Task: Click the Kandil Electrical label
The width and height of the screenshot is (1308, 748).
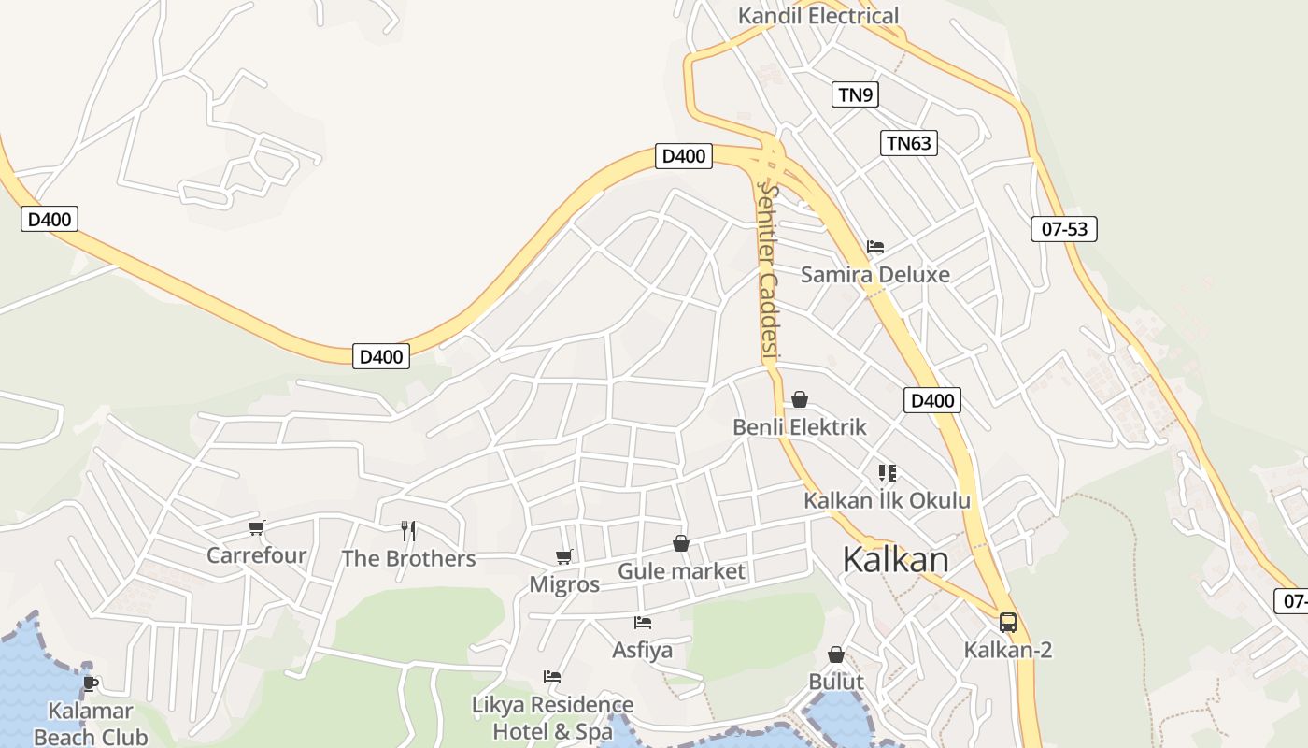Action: (x=817, y=16)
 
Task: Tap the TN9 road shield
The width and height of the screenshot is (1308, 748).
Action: (x=855, y=94)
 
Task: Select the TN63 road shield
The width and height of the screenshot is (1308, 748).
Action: (x=908, y=143)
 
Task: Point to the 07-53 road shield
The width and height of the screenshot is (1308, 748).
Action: (x=1063, y=229)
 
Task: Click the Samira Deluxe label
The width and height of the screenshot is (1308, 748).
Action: (x=874, y=274)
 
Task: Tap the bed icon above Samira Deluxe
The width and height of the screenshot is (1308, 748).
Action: (x=874, y=247)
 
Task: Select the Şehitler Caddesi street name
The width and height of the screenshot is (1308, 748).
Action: (x=769, y=271)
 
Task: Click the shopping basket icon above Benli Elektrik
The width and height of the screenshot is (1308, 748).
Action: (x=800, y=399)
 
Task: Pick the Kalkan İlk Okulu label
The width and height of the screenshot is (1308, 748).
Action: (x=887, y=500)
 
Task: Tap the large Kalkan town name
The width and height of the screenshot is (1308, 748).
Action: (x=895, y=559)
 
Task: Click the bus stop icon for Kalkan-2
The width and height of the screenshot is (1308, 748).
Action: (x=1008, y=623)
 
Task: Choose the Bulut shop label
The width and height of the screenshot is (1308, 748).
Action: (x=836, y=682)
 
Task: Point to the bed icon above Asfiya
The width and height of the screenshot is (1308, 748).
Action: (x=642, y=622)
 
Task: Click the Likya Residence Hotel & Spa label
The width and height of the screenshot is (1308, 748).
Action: (x=552, y=717)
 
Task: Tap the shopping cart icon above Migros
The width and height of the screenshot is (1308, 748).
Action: (x=564, y=557)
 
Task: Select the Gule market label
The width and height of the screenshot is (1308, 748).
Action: (x=682, y=571)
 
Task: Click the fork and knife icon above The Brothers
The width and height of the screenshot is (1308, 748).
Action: (x=408, y=531)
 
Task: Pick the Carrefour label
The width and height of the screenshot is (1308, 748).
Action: (x=256, y=555)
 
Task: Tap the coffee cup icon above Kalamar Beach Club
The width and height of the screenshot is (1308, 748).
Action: (x=91, y=683)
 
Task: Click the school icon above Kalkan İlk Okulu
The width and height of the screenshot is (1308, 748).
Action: (x=887, y=473)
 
